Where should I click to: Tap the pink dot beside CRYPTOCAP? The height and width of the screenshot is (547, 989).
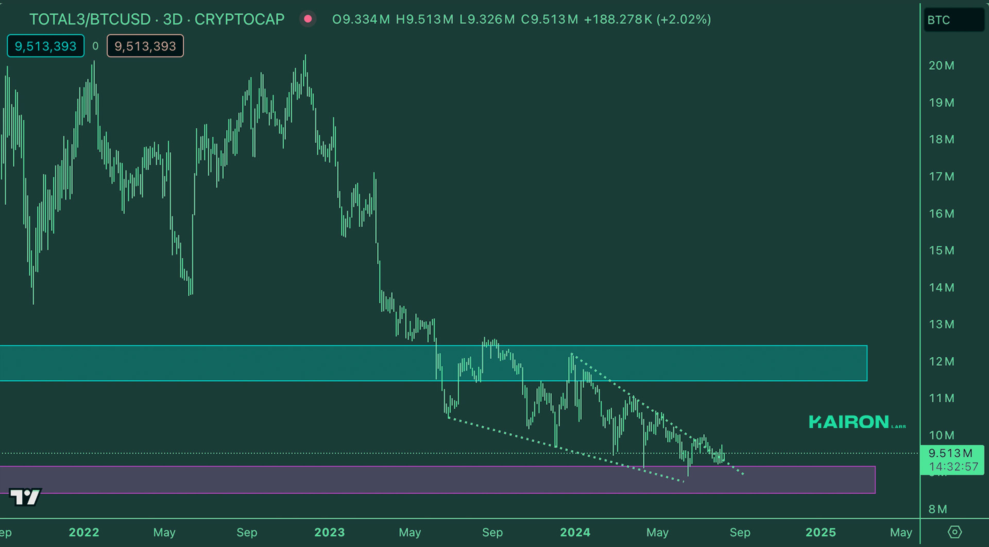[x=308, y=19]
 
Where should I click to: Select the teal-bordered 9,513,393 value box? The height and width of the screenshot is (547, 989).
[x=46, y=46]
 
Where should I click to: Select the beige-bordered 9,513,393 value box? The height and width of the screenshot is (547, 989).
[x=145, y=46]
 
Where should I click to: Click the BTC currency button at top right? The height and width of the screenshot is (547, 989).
[x=953, y=20]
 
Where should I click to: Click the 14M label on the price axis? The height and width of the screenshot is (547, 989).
[x=941, y=287]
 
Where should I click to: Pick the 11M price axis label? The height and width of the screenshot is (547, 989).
[x=941, y=398]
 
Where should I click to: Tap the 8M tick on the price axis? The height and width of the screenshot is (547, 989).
[x=937, y=509]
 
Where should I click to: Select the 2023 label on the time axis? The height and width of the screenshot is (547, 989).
[x=329, y=532]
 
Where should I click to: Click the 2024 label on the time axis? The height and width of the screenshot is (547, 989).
[x=575, y=532]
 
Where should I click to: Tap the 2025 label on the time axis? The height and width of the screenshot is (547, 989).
[x=821, y=532]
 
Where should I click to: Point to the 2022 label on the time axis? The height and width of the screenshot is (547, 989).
[x=84, y=532]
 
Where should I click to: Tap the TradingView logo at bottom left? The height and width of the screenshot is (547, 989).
[x=25, y=497]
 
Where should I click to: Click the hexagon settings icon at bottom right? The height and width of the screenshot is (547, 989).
[x=954, y=532]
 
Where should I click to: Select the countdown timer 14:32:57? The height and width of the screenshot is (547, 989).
[x=953, y=467]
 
